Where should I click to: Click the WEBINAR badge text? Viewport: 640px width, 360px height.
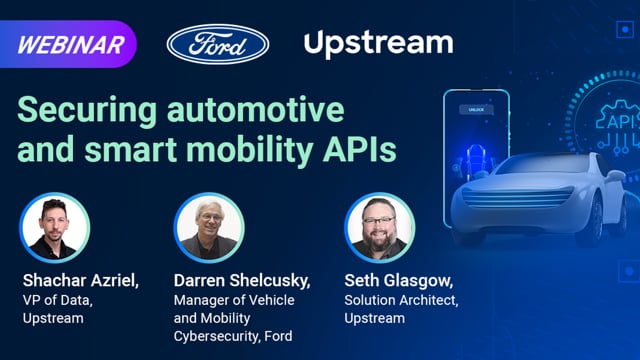[71, 44]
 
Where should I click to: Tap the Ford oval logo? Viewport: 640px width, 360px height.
[218, 43]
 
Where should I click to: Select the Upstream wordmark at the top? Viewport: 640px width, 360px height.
[378, 43]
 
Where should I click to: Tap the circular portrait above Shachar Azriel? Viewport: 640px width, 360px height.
[54, 227]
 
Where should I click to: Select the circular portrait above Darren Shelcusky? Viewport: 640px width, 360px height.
[208, 227]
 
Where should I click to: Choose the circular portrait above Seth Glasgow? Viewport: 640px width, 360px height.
[379, 227]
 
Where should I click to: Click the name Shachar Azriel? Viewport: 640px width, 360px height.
[85, 278]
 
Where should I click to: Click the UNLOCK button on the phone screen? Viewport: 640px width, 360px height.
[476, 109]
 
